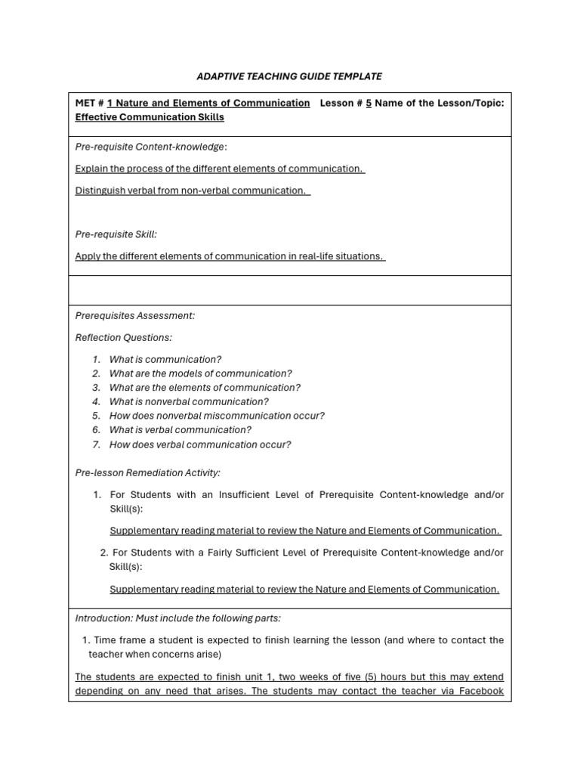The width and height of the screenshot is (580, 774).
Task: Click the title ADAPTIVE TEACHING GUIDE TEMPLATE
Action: pyautogui.click(x=289, y=76)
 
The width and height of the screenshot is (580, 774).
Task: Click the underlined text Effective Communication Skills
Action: pyautogui.click(x=150, y=117)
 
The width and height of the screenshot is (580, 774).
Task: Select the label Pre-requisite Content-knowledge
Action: pyautogui.click(x=150, y=147)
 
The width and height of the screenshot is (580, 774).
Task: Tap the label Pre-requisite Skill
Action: pyautogui.click(x=116, y=234)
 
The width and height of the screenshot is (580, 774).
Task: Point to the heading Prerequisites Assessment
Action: pyautogui.click(x=134, y=315)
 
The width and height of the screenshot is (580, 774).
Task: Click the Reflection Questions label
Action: pyautogui.click(x=123, y=337)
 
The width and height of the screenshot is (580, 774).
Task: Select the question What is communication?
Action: pyautogui.click(x=165, y=359)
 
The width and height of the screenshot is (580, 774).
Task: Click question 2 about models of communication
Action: pyautogui.click(x=200, y=373)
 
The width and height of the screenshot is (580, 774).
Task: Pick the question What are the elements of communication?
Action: pyautogui.click(x=205, y=388)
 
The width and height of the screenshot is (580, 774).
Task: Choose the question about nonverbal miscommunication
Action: pyautogui.click(x=217, y=416)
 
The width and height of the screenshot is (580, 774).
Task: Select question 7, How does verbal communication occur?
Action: pyautogui.click(x=199, y=444)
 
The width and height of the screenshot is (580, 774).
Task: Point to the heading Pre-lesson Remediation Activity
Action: pyautogui.click(x=147, y=472)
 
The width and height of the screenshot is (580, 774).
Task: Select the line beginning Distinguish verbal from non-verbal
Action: pyautogui.click(x=192, y=190)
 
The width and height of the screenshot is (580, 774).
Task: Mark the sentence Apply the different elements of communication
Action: pyautogui.click(x=230, y=256)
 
